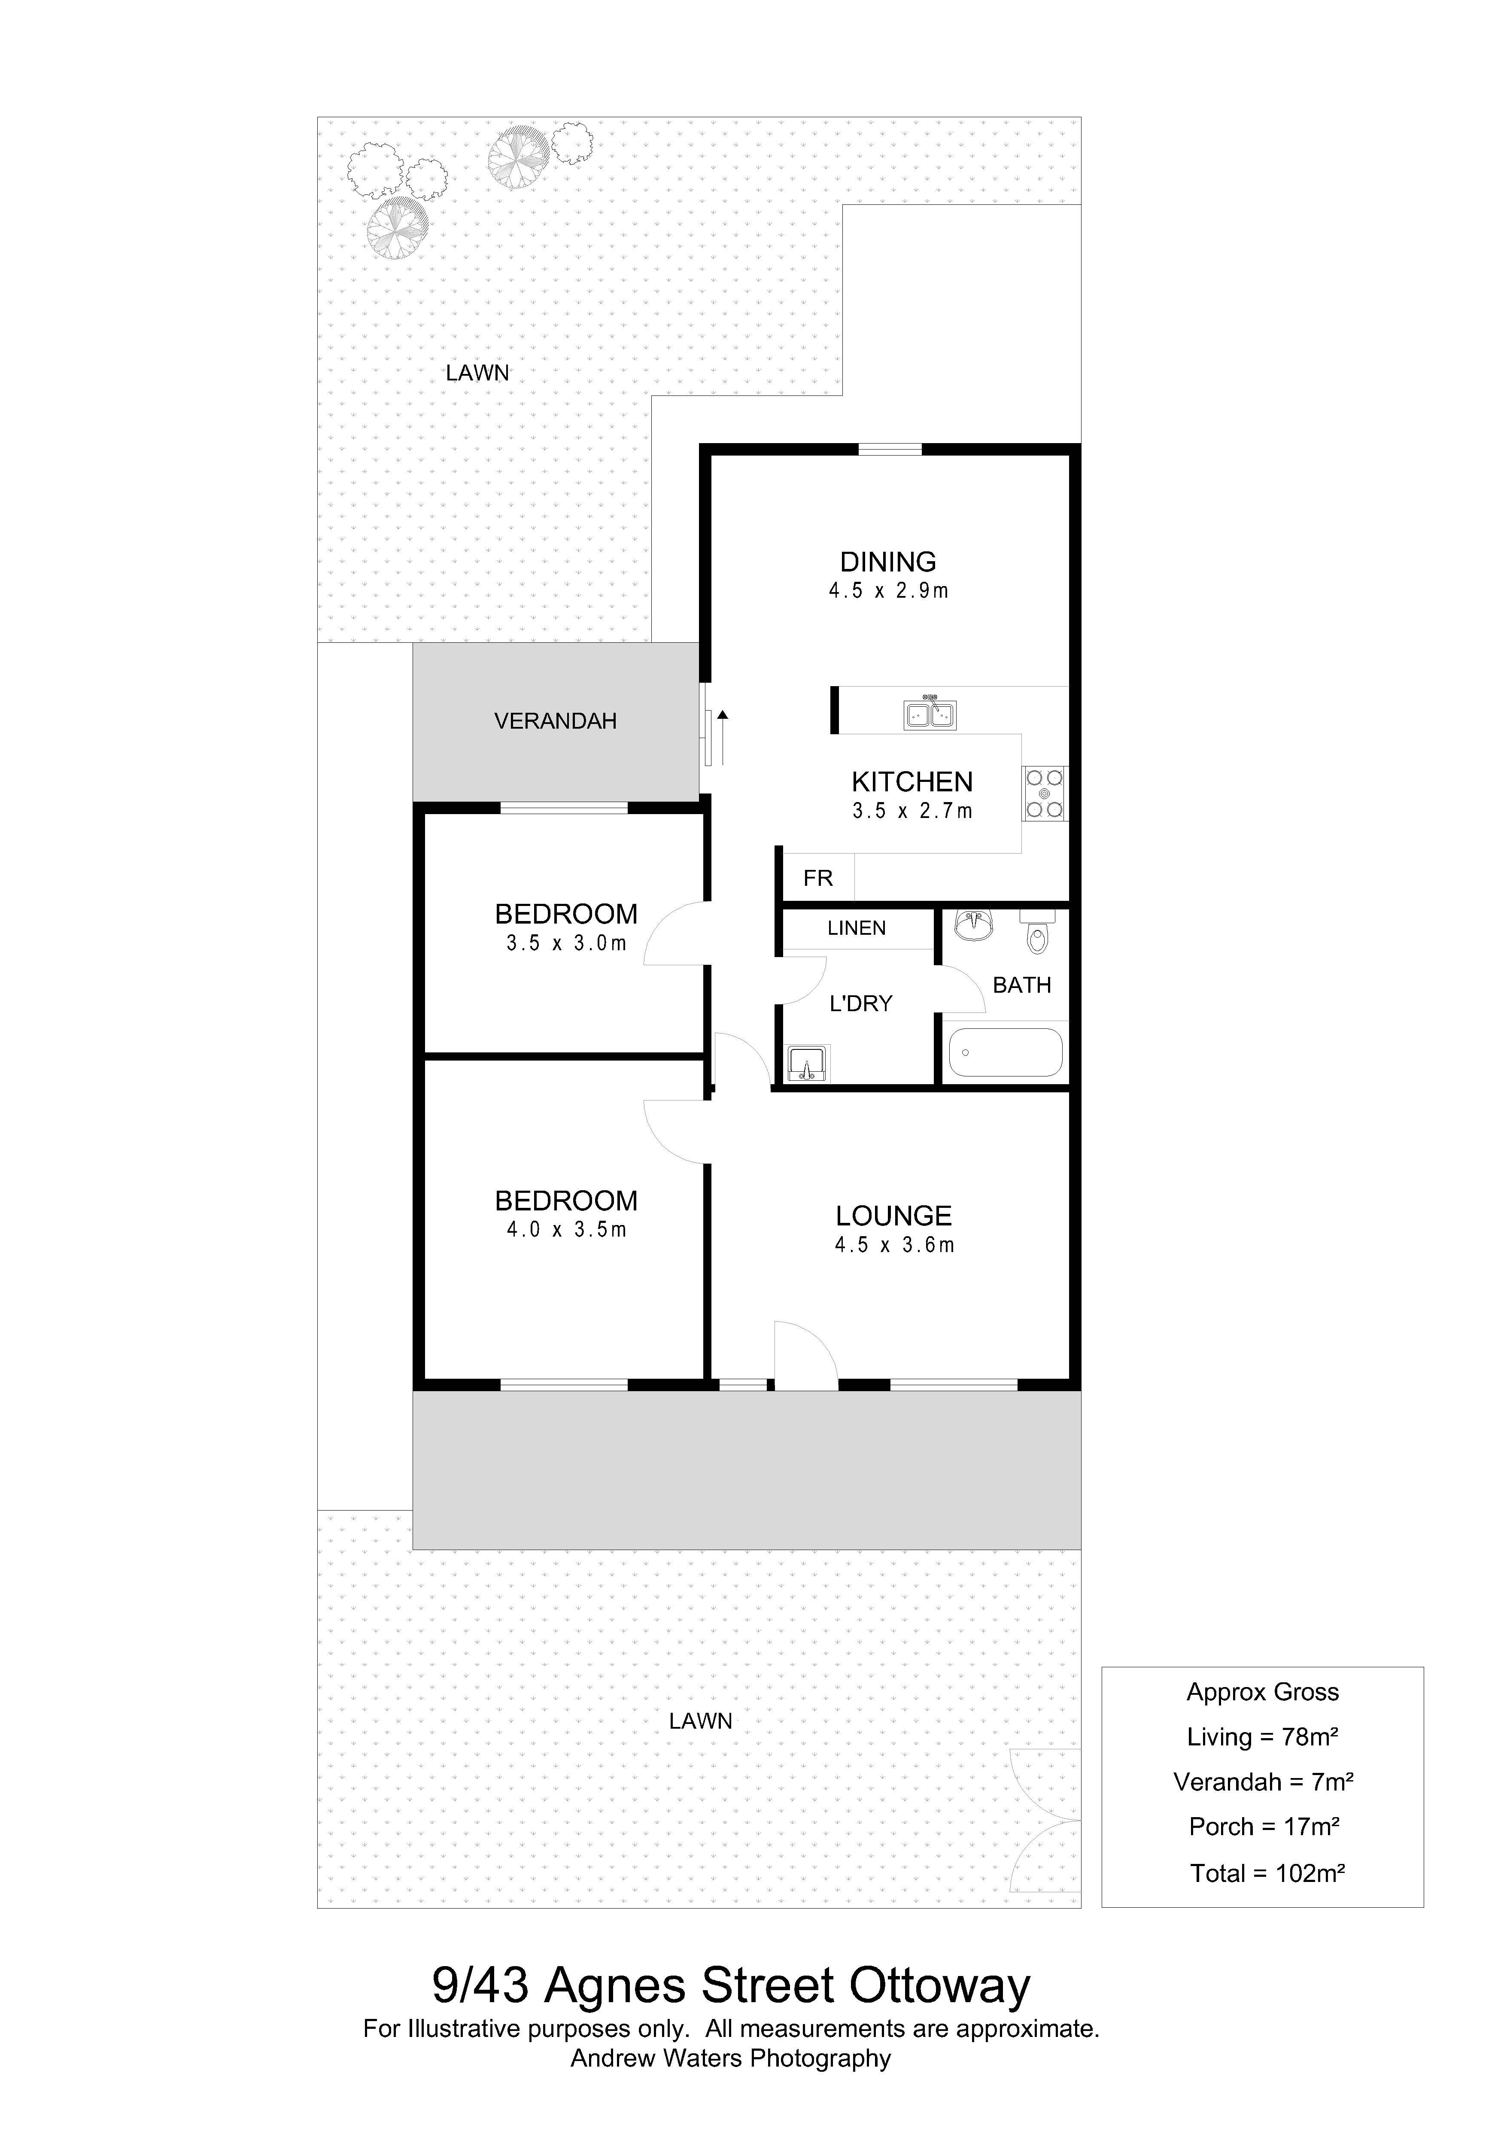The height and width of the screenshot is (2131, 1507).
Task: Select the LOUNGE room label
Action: (x=893, y=1216)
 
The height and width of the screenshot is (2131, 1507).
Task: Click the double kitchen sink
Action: (x=930, y=714)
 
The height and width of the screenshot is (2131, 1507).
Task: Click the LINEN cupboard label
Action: (x=857, y=928)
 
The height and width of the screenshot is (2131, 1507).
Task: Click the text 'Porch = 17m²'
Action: (x=1264, y=1827)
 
